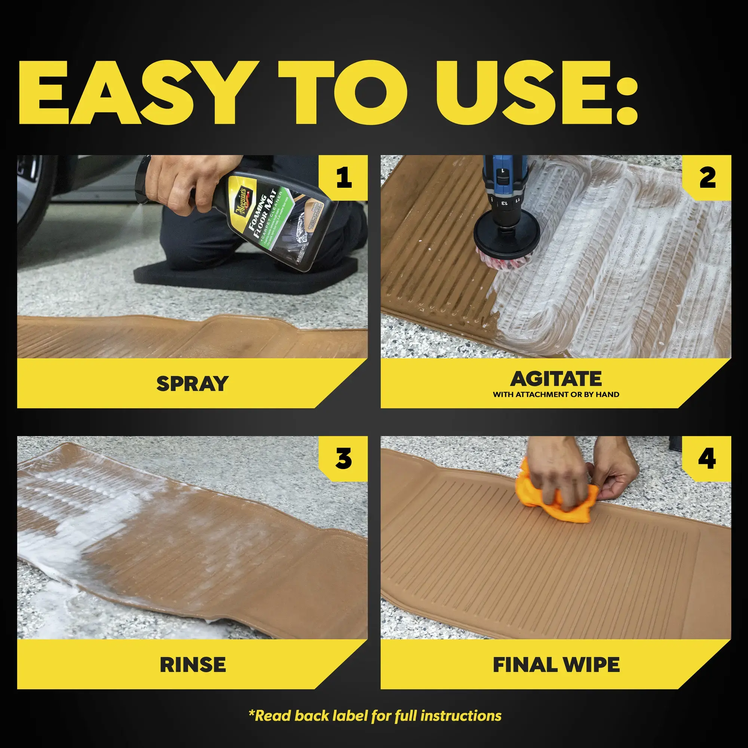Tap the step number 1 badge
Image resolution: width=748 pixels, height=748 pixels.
coord(343,178)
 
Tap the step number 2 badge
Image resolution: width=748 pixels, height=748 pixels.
coord(707,178)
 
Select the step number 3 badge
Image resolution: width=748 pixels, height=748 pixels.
coord(343,459)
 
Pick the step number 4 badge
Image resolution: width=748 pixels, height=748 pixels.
coord(707,459)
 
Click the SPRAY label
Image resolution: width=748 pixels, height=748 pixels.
coord(192,383)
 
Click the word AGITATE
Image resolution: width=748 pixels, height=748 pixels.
coord(556,378)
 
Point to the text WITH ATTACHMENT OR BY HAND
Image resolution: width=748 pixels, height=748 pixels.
coord(556,395)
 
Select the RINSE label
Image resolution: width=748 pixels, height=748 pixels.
coord(192,664)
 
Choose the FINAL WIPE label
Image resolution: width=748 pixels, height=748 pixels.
coord(556,664)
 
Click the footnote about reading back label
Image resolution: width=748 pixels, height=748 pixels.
coord(374,716)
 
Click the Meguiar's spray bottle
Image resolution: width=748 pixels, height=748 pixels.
coord(271,221)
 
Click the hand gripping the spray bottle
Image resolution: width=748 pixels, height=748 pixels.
coord(186,182)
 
